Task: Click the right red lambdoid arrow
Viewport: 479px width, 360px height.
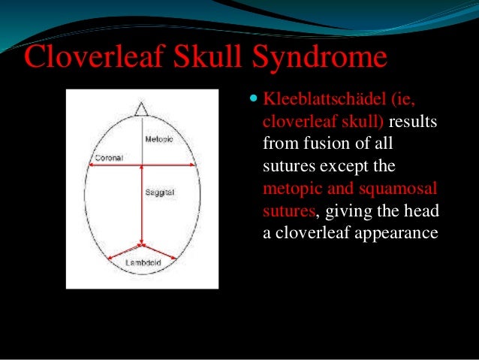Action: (161, 253)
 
